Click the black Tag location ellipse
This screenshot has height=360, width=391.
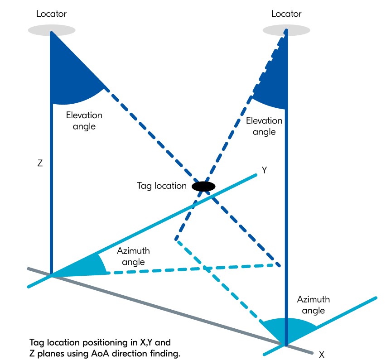pyautogui.click(x=203, y=186)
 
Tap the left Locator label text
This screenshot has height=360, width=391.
pyautogui.click(x=51, y=14)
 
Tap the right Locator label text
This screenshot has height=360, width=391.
pyautogui.click(x=286, y=14)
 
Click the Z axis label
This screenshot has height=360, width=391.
pyautogui.click(x=40, y=163)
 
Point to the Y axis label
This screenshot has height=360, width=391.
pyautogui.click(x=265, y=171)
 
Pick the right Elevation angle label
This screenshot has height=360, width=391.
pyautogui.click(x=264, y=126)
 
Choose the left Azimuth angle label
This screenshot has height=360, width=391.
pyautogui.click(x=133, y=256)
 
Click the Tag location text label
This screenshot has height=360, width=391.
pyautogui.click(x=162, y=186)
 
